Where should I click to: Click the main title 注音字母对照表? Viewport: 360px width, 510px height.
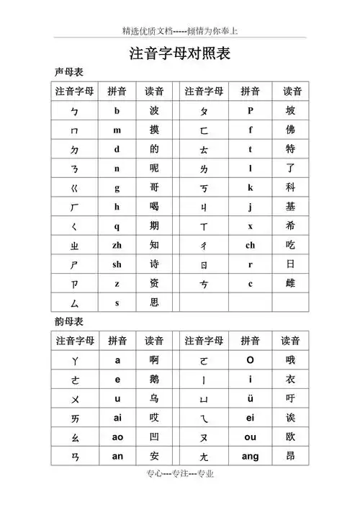coord(179,54)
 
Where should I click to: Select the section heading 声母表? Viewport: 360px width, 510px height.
coord(68,73)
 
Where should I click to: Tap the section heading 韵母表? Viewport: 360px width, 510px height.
coord(68,321)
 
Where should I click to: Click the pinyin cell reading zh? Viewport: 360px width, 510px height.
coord(117,245)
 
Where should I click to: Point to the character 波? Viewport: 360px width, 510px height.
coord(154,111)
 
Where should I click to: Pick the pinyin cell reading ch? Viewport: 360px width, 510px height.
coord(250,245)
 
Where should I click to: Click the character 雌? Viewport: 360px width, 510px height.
coord(290,284)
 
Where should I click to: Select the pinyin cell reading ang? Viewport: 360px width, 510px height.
coord(250,456)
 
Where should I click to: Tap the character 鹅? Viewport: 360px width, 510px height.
coord(154,379)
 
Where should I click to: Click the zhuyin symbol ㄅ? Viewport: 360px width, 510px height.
coord(74,112)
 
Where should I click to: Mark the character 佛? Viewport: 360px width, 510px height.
coord(290,130)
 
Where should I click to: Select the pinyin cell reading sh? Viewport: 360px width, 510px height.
coord(117,264)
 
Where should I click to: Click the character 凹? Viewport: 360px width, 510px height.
coord(154,437)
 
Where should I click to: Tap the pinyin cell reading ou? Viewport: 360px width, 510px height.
coord(250,437)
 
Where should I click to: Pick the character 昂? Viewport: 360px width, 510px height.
coord(290,456)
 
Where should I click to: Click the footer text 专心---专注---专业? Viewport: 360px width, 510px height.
coord(179,493)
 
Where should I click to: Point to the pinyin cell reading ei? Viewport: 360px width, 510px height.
coord(250,418)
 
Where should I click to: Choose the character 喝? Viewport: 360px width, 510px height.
coord(154,207)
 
